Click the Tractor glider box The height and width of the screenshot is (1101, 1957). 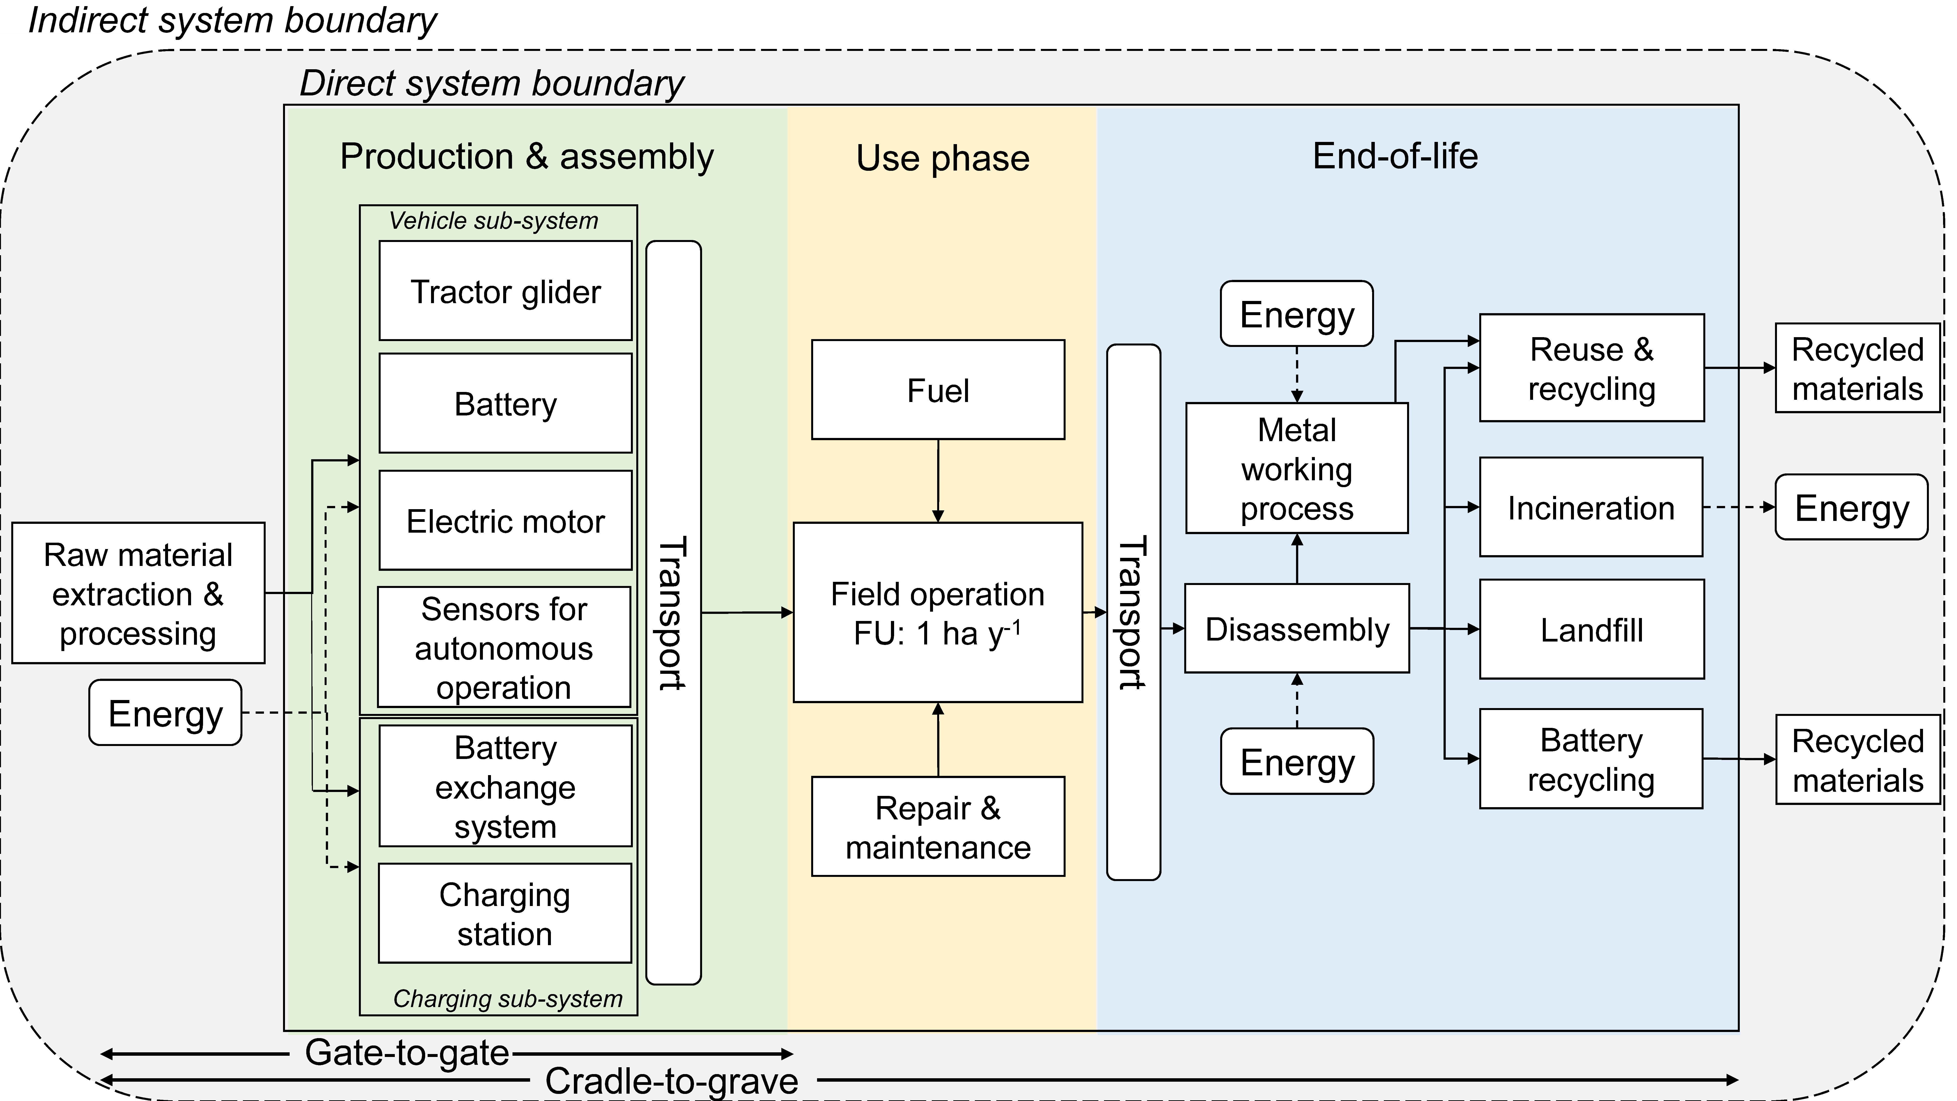(x=505, y=291)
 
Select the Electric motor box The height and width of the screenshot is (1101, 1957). (x=505, y=520)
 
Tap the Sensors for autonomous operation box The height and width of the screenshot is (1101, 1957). (x=504, y=647)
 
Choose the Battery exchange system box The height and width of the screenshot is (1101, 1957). (x=505, y=786)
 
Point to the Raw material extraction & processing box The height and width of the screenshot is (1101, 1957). (x=138, y=593)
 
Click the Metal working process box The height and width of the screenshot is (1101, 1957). (x=1297, y=468)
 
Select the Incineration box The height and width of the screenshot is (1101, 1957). (x=1591, y=507)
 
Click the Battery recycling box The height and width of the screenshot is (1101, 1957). (x=1591, y=759)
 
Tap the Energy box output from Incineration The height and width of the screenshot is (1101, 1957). (x=1851, y=507)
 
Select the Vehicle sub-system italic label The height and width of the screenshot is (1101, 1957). (x=494, y=220)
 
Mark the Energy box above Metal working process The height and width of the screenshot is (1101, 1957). (x=1297, y=314)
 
